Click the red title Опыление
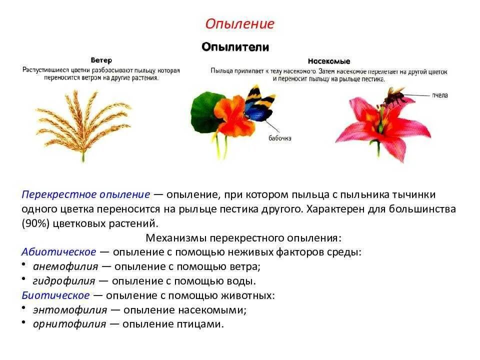pos(240,24)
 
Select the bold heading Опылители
pos(235,47)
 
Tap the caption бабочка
pos(279,138)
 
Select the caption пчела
pos(440,95)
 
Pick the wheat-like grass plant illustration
pos(83,122)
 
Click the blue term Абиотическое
pos(59,252)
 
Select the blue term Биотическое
pos(56,295)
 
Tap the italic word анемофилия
pos(65,266)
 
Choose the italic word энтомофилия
pos(70,310)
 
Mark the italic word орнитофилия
pos(69,324)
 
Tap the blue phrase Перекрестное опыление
pos(86,194)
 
